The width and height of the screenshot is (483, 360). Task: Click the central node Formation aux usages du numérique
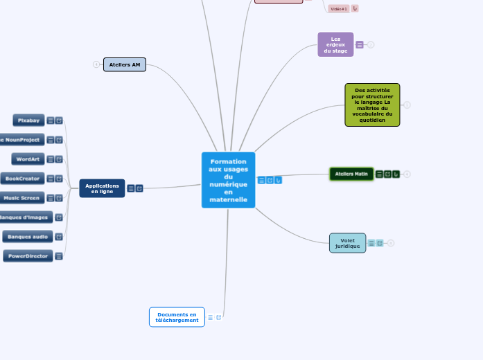(228, 180)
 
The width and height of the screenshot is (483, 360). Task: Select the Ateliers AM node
(125, 64)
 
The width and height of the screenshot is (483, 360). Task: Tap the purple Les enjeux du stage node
(335, 44)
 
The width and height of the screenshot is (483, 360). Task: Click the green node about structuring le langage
(372, 105)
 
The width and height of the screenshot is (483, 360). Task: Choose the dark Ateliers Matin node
(351, 174)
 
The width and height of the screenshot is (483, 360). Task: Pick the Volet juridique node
(347, 243)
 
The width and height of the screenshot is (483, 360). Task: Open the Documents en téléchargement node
(177, 317)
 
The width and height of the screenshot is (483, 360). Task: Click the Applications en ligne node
(102, 188)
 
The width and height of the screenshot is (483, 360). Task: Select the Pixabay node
(28, 120)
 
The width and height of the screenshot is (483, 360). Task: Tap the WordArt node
(28, 159)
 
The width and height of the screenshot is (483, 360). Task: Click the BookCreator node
(23, 179)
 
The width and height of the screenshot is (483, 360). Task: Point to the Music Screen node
(24, 198)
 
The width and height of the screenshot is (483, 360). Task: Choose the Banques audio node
(28, 237)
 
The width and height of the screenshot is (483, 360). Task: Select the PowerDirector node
(28, 256)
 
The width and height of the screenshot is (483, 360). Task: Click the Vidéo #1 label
(339, 9)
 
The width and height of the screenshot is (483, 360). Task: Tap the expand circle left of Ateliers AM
(96, 64)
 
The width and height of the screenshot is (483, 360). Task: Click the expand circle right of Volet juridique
(391, 243)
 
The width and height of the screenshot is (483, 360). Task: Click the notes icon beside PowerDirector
(59, 256)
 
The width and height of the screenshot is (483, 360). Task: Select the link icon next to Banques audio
(59, 237)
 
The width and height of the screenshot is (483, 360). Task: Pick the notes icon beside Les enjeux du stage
(360, 45)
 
